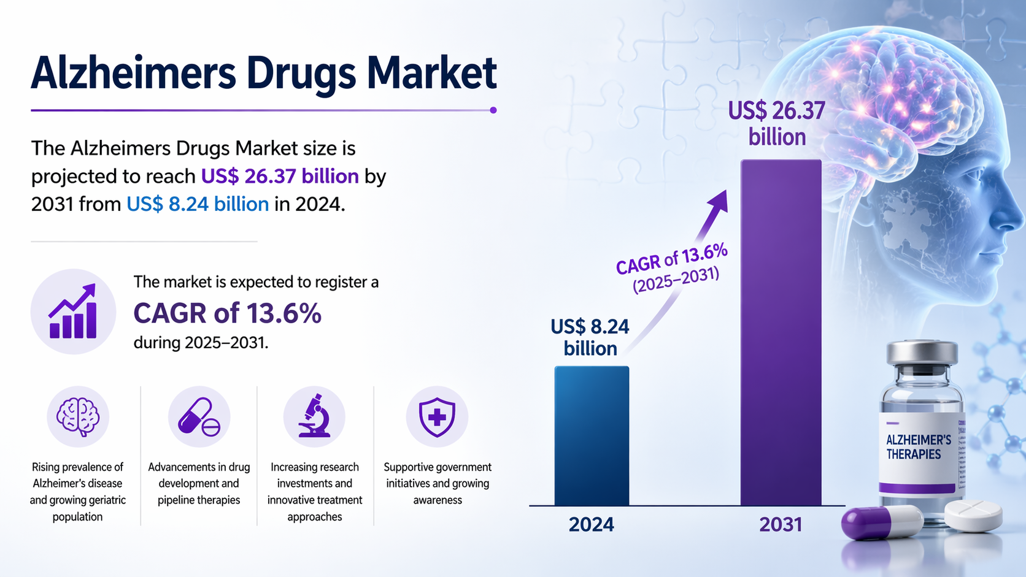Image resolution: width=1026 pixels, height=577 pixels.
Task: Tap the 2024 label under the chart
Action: tap(591, 525)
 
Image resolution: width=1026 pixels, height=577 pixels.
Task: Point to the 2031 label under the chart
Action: tap(781, 525)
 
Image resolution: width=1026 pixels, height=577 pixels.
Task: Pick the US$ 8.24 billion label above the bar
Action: tap(590, 337)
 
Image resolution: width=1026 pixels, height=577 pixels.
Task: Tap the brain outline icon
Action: tap(78, 416)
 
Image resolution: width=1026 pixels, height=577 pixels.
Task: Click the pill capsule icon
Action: tap(199, 416)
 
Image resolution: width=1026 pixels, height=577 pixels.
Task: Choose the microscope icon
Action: tap(314, 416)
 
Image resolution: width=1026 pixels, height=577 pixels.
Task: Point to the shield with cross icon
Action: tap(437, 417)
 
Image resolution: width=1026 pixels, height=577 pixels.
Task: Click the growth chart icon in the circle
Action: tap(73, 311)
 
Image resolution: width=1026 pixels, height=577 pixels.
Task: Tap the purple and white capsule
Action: tap(882, 523)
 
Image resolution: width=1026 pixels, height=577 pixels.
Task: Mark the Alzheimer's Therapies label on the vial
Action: tap(919, 447)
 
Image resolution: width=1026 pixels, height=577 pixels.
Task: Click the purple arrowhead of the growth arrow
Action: tap(719, 201)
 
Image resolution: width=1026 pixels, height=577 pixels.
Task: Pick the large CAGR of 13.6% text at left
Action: tap(227, 313)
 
